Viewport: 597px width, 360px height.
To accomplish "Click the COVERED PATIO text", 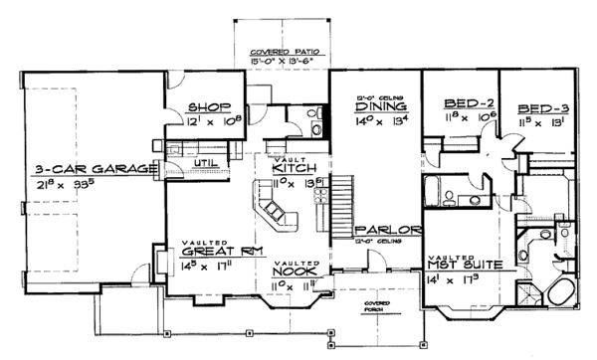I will click(279, 50).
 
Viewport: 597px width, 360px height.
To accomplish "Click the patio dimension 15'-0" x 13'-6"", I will click(279, 59).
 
